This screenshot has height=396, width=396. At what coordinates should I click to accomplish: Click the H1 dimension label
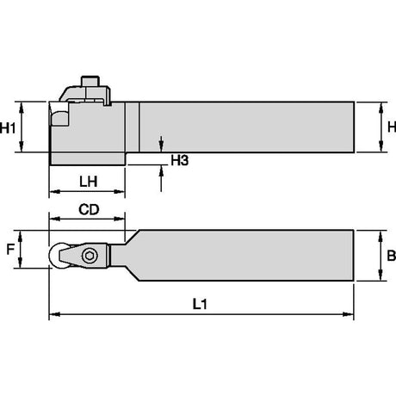coord(8,127)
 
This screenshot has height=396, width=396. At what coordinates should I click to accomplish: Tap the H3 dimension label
coord(180,161)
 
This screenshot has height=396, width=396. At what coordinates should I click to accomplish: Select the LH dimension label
coord(89,182)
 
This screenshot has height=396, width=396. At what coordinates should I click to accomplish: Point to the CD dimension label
coord(89,210)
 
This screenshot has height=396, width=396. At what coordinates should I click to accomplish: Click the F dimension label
coord(10,249)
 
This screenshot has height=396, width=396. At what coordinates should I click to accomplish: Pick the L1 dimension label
coord(200,304)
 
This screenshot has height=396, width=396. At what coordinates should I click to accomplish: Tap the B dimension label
coord(391,256)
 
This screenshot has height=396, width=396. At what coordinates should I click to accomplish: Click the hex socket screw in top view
coord(90,255)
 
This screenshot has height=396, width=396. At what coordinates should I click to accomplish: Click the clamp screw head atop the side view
coord(90,81)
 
